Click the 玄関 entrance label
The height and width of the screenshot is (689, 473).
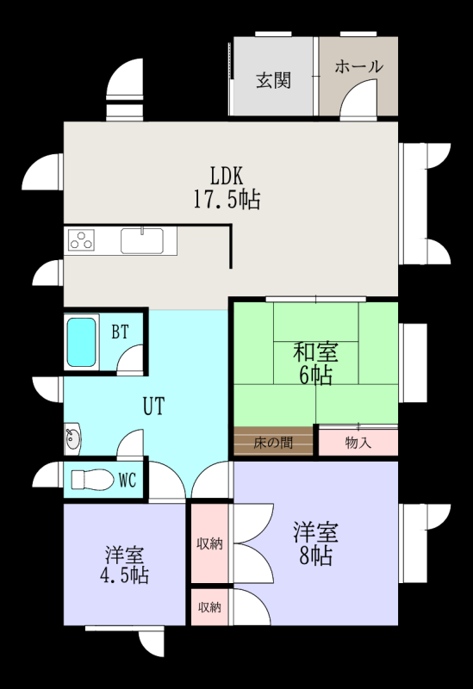point(273,80)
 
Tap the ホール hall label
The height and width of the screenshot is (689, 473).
point(358,66)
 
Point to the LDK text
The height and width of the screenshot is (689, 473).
point(227,176)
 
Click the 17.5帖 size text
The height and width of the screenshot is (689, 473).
point(227,199)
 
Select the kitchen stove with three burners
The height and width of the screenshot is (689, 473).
point(82,240)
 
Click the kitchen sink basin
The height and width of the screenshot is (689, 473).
point(142,240)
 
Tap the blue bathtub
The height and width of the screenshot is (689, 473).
point(81,342)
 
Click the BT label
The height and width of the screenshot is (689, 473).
point(120,332)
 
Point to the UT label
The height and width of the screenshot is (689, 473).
point(154,406)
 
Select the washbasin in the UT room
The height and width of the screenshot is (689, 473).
point(72,438)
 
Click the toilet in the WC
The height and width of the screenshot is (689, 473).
point(91,479)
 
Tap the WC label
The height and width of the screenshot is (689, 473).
point(128,480)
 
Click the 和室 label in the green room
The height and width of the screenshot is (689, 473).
point(315,352)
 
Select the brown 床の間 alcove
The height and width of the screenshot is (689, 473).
point(273,441)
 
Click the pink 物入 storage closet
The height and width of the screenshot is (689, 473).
point(358,442)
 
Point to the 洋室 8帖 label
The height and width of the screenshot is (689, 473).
point(315,543)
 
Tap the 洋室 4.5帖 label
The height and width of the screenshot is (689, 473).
point(124,565)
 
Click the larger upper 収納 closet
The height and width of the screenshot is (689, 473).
point(209,543)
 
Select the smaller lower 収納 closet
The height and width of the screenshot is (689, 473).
point(209,607)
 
